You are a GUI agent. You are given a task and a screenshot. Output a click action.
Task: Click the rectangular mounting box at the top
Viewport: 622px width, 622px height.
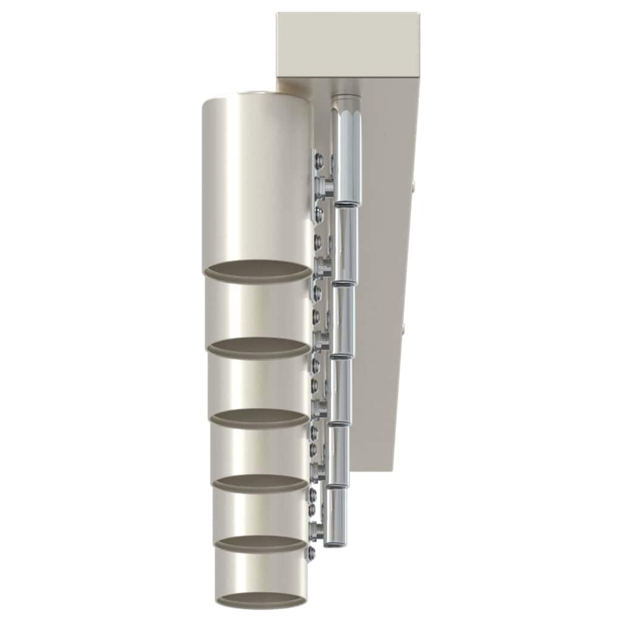(x=347, y=46)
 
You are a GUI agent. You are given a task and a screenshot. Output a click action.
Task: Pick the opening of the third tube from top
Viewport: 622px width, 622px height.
(x=260, y=417)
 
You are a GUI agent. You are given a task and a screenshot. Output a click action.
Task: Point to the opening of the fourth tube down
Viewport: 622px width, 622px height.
(x=260, y=483)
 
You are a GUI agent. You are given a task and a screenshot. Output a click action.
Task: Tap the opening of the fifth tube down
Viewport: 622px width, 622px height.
(x=260, y=542)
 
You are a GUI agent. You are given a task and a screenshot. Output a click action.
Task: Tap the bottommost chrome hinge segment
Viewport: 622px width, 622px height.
(x=333, y=516)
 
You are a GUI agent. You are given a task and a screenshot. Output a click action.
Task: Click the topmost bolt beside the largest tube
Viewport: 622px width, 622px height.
(x=318, y=160)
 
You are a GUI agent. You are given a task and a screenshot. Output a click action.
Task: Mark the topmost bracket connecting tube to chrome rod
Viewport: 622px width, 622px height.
(x=326, y=185)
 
